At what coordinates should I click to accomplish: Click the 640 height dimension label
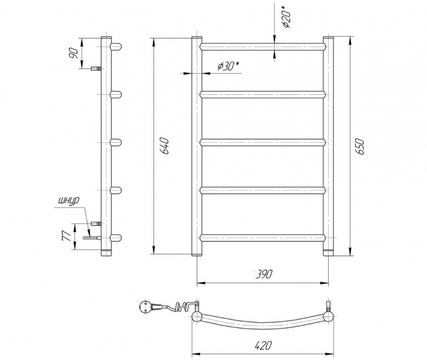pos(166,146)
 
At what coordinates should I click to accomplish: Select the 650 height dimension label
pos(360,146)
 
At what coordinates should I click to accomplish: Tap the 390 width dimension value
pos(264,274)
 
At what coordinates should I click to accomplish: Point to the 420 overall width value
pos(263,346)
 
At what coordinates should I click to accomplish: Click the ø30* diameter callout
pos(228,65)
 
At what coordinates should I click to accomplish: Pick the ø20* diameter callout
pos(287,16)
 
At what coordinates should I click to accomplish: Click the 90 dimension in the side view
pos(73,53)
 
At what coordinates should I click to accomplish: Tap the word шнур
pos(68,201)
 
